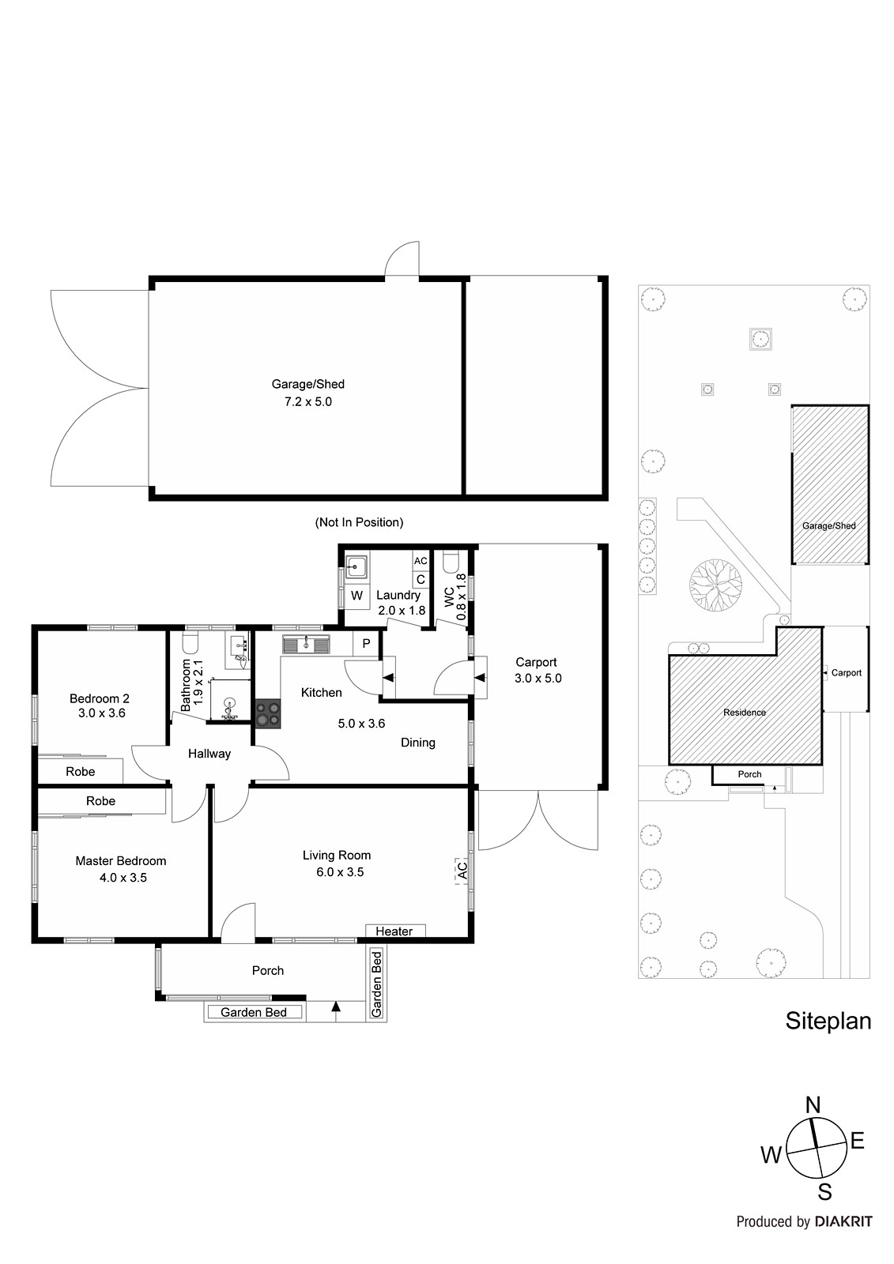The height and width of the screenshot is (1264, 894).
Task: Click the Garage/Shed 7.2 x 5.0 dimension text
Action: [307, 402]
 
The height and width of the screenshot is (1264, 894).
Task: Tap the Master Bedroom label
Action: [121, 860]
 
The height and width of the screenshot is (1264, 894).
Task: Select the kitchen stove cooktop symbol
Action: [268, 714]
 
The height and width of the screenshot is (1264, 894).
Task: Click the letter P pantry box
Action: [366, 643]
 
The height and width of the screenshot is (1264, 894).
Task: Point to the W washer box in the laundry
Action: [357, 596]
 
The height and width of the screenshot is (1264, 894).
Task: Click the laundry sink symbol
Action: [356, 566]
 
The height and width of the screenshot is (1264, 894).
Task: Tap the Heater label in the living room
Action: [394, 931]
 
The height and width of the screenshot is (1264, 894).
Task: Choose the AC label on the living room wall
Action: [462, 870]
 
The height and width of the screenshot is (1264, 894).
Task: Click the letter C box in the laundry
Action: [421, 580]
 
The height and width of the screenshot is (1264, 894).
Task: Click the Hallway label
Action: [209, 754]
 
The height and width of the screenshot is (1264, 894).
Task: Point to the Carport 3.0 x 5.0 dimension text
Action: [538, 679]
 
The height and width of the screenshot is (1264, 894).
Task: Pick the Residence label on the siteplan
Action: [745, 712]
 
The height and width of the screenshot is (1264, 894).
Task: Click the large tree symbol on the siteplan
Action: [715, 585]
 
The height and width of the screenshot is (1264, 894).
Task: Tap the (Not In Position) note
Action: [359, 522]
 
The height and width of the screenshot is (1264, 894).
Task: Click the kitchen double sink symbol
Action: [306, 644]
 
